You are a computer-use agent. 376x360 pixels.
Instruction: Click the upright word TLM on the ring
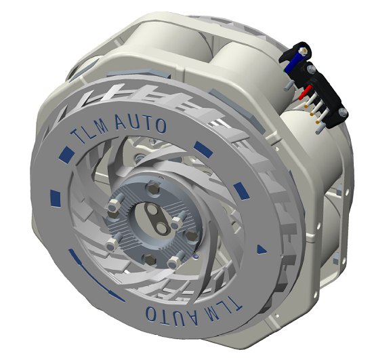pyautogui.click(x=89, y=134)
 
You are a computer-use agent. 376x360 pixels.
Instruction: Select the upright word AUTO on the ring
pyautogui.click(x=141, y=123)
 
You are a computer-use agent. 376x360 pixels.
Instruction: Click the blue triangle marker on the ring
pyautogui.click(x=262, y=250)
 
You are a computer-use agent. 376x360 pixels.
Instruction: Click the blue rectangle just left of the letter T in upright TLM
pyautogui.click(x=66, y=153)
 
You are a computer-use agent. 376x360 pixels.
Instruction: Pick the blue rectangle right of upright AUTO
pyautogui.click(x=203, y=148)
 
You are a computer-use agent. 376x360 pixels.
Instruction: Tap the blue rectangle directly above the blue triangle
pyautogui.click(x=242, y=191)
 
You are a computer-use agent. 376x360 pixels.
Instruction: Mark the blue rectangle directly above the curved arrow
pyautogui.click(x=56, y=198)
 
